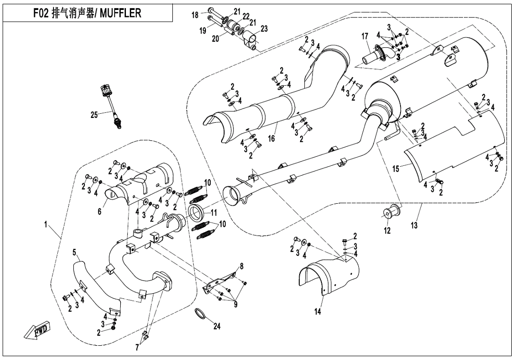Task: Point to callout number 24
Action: coord(217,326)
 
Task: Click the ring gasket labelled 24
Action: coord(201,313)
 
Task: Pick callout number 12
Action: coord(387,231)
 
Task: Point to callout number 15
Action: coord(396,168)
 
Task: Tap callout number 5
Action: coord(74,252)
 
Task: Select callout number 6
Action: coord(99,211)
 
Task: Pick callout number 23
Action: coord(264,28)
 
